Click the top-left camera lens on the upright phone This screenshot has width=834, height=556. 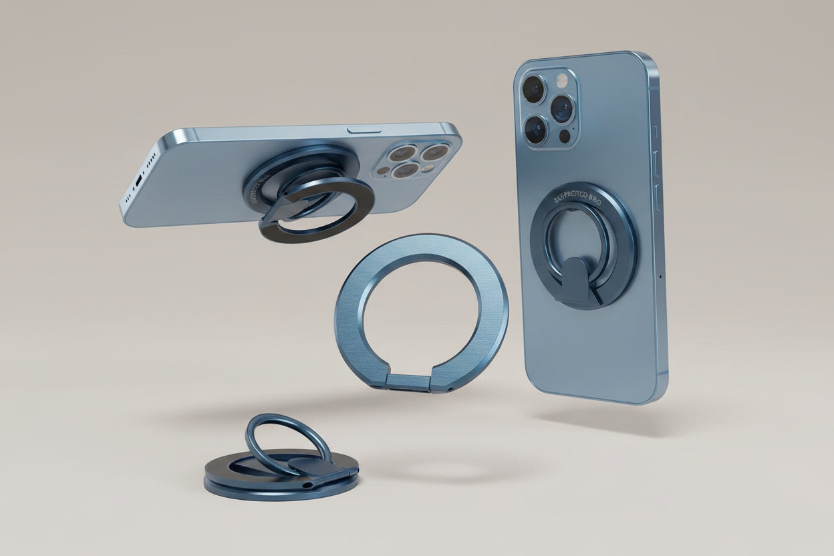[534, 89]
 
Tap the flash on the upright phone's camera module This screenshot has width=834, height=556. [561, 81]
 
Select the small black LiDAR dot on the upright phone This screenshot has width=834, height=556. [565, 136]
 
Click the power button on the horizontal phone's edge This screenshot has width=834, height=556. [365, 128]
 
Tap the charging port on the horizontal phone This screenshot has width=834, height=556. [138, 180]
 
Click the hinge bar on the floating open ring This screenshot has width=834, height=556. [410, 383]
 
